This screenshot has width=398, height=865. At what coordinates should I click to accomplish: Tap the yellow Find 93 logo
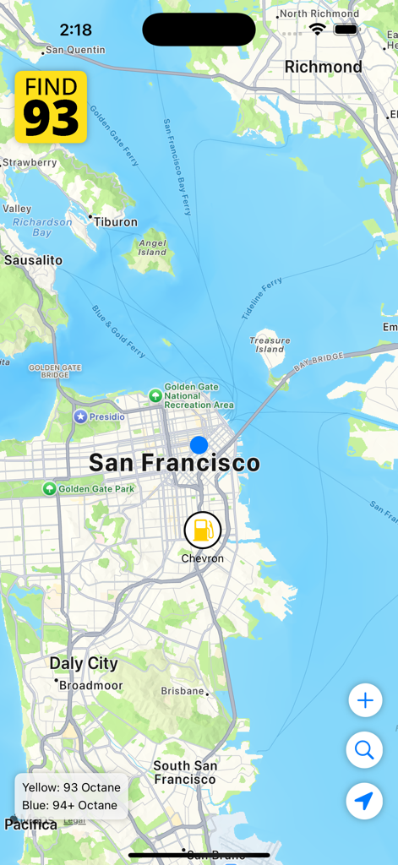coord(51,106)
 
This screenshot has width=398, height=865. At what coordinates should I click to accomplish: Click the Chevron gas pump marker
coord(202,530)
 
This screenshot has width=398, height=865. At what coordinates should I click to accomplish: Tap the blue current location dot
coord(199,444)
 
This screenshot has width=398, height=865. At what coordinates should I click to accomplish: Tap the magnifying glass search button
coord(364,750)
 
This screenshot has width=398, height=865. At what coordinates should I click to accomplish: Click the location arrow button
coord(364,801)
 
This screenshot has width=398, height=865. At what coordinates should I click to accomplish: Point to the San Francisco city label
coord(174,463)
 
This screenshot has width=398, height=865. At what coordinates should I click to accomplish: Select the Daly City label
coord(84,664)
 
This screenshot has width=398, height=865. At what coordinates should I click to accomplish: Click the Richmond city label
coord(323,67)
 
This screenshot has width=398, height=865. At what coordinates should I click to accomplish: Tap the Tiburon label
coord(116,222)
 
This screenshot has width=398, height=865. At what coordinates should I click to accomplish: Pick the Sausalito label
coord(33,260)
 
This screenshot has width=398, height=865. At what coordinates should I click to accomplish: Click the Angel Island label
coord(152,247)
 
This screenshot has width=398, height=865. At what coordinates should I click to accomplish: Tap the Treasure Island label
coord(270,345)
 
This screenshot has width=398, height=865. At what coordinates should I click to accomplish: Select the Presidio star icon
coord(80,416)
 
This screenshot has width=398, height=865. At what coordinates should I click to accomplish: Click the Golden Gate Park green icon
coord(50,488)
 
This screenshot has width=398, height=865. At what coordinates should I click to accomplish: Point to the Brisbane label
coord(183,691)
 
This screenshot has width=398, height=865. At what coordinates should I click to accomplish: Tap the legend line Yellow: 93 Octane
coord(71,787)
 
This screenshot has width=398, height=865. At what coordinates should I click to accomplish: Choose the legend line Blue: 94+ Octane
coord(69,805)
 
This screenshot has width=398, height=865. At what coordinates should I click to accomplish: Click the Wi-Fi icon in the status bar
coord(317,29)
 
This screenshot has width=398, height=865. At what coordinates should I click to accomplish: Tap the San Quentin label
coord(75,50)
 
